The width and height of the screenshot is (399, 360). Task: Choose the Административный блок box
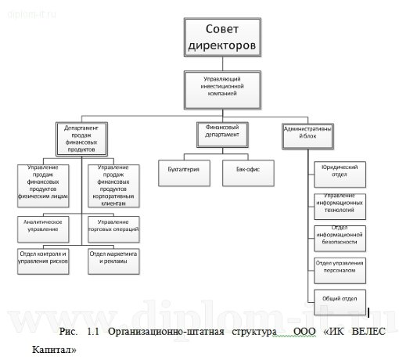(312, 134)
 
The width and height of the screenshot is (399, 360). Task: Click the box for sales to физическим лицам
(47, 182)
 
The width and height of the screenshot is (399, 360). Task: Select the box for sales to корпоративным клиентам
(114, 182)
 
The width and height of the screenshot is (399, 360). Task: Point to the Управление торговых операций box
(114, 225)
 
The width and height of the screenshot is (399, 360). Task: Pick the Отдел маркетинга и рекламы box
(114, 259)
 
